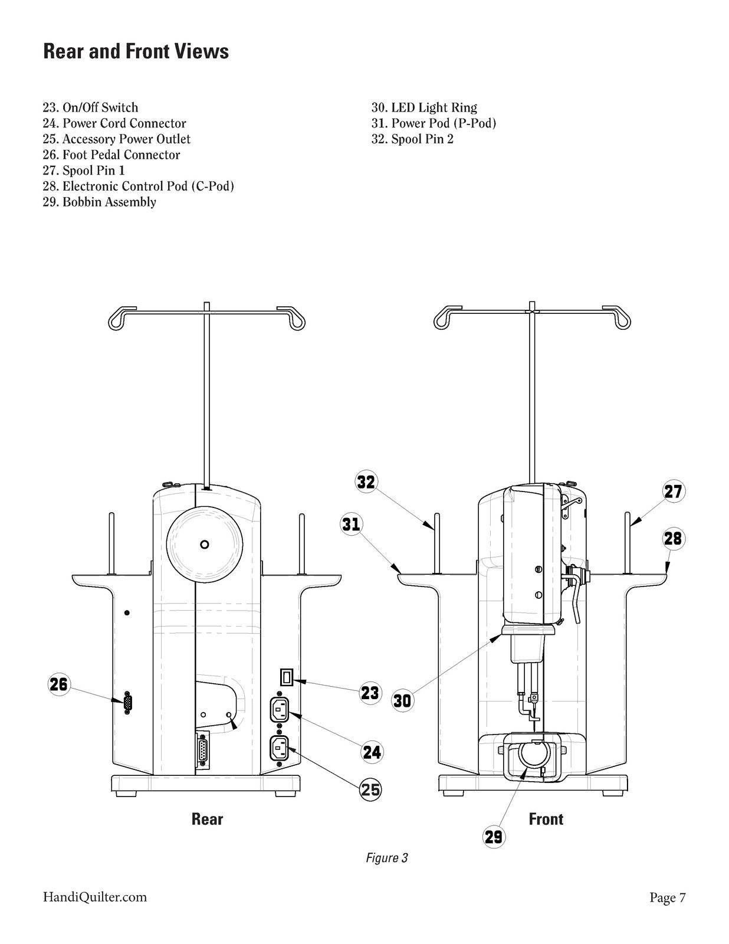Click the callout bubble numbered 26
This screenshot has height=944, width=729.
(x=59, y=684)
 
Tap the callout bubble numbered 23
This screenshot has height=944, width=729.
(x=370, y=693)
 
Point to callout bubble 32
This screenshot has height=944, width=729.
(x=366, y=482)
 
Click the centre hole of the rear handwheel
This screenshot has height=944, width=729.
(x=205, y=545)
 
